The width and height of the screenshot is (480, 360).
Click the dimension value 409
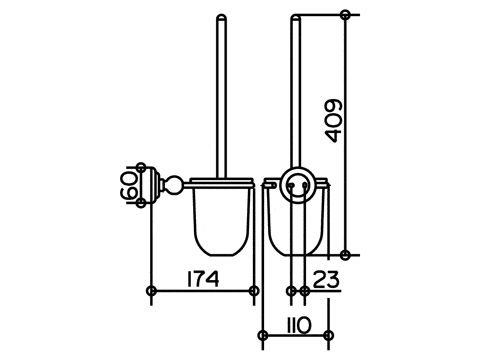(334, 121)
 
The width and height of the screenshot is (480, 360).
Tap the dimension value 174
(203, 279)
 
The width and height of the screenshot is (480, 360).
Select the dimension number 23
(326, 279)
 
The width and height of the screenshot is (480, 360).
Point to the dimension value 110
(298, 326)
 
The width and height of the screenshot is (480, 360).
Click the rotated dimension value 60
(129, 185)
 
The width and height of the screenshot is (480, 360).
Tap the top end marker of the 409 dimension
(346, 15)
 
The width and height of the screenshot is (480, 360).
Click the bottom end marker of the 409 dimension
(346, 255)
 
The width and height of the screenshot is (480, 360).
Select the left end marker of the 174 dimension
(151, 291)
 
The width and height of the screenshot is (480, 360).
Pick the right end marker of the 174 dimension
(254, 291)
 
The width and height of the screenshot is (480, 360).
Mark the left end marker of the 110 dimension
(263, 335)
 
